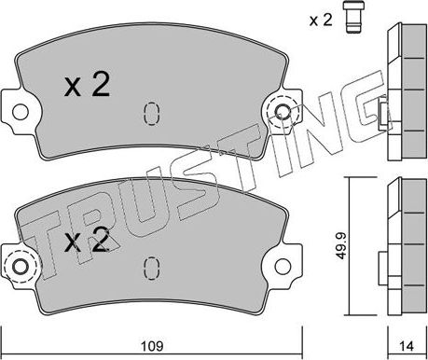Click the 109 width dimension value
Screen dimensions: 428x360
click(x=152, y=346)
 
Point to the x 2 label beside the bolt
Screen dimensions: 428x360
click(x=321, y=21)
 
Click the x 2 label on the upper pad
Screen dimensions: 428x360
click(x=87, y=84)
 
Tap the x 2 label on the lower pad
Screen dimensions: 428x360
click(x=87, y=240)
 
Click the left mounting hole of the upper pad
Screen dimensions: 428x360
click(x=21, y=112)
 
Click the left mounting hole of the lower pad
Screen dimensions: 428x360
click(x=21, y=267)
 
